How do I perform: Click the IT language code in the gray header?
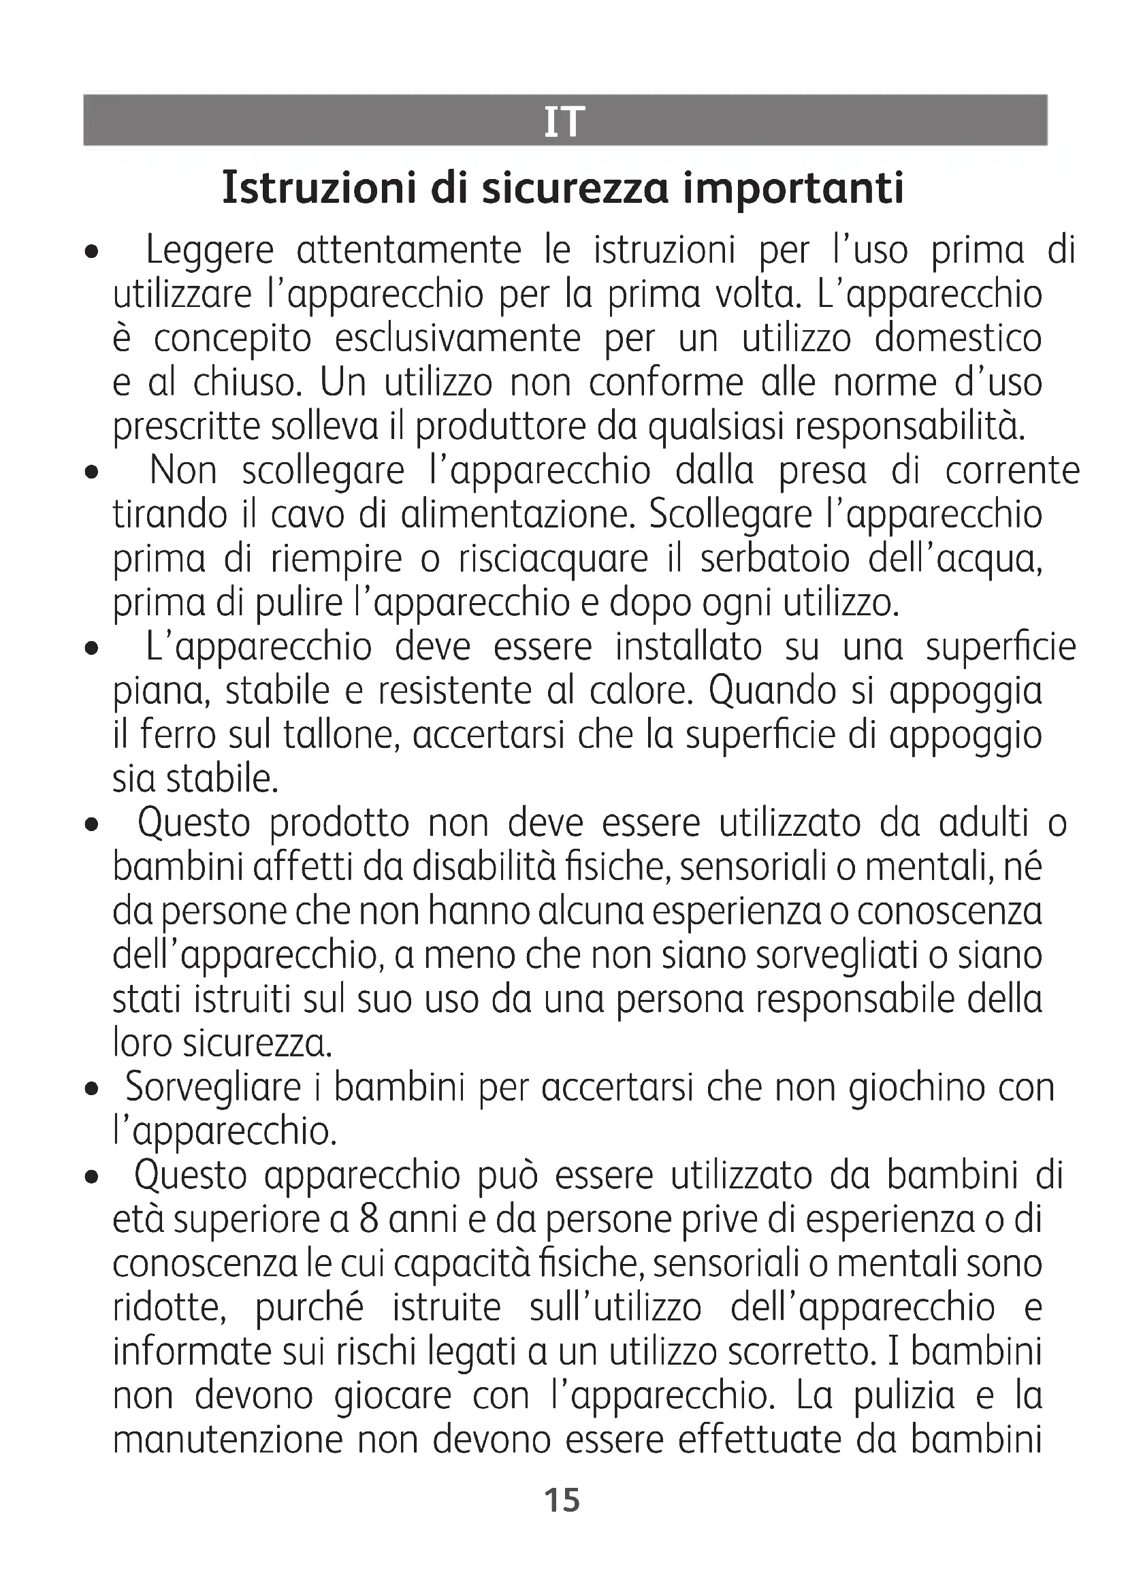pos(564,121)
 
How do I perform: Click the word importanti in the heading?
pos(793,188)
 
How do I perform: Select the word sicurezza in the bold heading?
pos(575,188)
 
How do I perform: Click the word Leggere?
pos(210,251)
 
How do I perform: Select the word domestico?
pos(959,339)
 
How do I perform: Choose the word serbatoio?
pos(775,559)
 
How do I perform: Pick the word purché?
pos(309,1309)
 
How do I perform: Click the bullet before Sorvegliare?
pos(90,1090)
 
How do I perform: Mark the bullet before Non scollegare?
pos(90,474)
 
